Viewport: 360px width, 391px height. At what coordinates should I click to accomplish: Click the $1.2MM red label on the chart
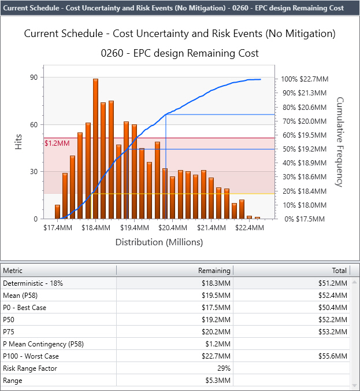57,142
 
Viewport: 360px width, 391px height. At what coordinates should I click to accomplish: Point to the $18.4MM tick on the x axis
96,228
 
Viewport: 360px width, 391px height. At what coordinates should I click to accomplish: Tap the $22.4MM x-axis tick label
249,228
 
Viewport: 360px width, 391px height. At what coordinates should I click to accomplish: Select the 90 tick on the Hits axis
34,78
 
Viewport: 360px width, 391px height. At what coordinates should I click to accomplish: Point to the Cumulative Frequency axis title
340,142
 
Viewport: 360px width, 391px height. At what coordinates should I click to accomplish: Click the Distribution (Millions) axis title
159,242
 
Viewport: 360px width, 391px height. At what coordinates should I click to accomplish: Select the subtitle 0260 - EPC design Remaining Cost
179,53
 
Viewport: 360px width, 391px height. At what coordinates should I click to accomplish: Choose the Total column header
340,270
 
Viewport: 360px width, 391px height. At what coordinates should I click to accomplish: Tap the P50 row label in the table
9,320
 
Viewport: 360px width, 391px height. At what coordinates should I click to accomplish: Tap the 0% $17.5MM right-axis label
304,219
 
